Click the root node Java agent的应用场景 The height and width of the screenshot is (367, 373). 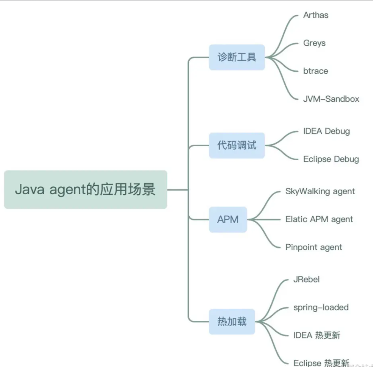[85, 190]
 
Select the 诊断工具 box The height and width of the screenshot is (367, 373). [237, 57]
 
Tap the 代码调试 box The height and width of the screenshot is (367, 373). [237, 146]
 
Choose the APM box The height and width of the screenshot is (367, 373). [228, 219]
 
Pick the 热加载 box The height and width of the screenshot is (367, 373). [232, 321]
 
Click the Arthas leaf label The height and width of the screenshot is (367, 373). [316, 15]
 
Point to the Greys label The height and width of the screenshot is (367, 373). [314, 43]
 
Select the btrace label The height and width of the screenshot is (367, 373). [316, 71]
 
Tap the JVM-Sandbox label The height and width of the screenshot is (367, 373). [331, 99]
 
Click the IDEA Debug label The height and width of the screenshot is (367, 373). [326, 131]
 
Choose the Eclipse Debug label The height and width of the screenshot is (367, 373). [331, 159]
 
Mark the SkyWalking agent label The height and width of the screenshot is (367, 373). [320, 191]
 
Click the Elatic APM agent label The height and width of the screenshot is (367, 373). [319, 219]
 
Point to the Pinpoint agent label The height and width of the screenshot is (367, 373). [314, 248]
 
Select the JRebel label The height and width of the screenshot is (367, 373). [306, 280]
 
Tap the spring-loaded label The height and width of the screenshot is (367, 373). [321, 307]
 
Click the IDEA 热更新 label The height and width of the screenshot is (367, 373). [317, 335]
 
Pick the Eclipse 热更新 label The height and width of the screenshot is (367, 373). [321, 363]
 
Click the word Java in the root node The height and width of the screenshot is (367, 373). [29, 189]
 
